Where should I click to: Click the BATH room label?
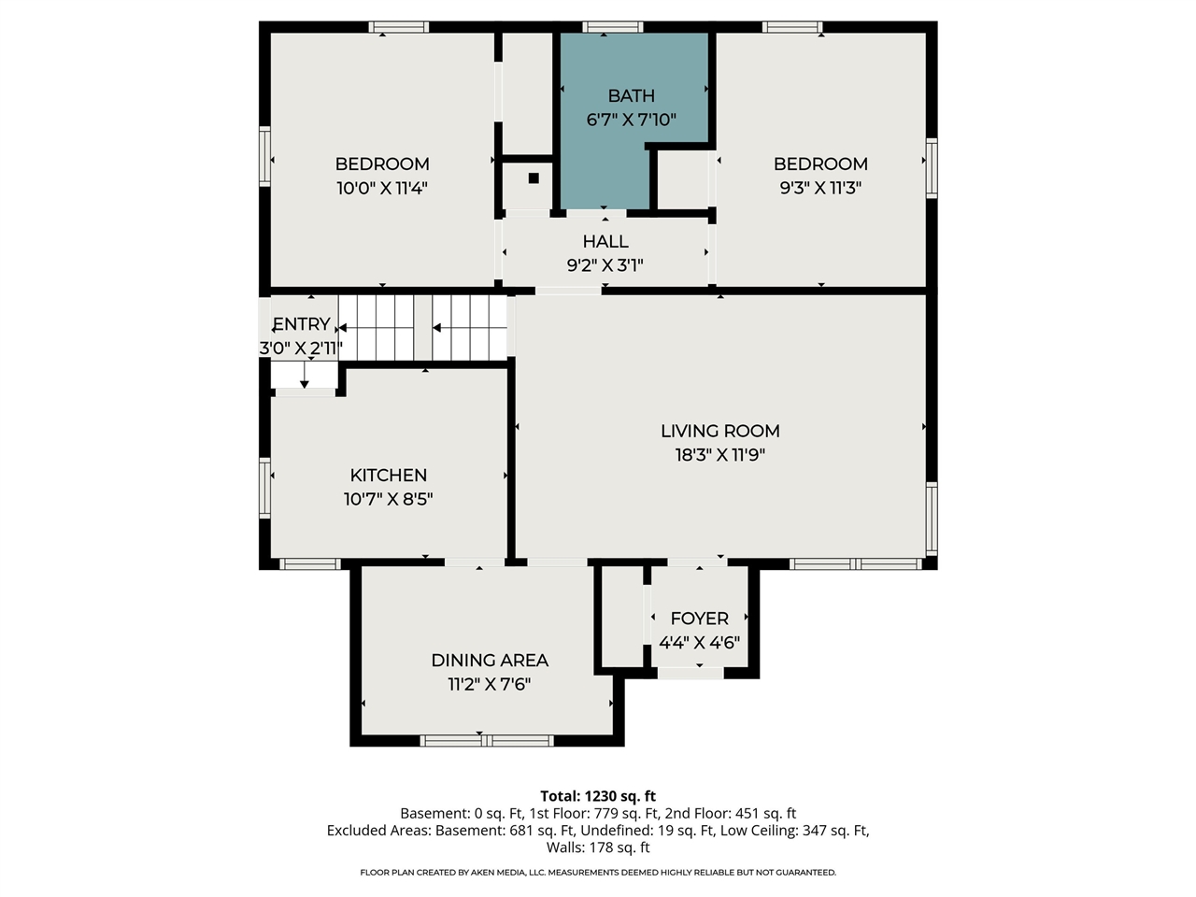click(x=631, y=95)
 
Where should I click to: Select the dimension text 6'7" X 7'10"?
click(x=631, y=120)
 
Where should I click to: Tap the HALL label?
click(x=605, y=242)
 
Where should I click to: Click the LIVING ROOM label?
click(x=719, y=431)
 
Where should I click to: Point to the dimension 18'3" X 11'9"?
click(x=719, y=455)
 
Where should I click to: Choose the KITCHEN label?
click(x=388, y=476)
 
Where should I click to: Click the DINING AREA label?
click(x=489, y=661)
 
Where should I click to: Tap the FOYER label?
click(x=699, y=619)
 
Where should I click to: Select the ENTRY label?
click(x=301, y=324)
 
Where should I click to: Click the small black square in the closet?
click(x=534, y=178)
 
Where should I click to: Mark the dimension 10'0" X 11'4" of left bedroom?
click(x=381, y=188)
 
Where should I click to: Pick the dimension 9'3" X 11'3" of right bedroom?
click(x=820, y=188)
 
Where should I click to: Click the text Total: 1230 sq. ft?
click(x=598, y=796)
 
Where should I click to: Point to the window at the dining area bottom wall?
click(x=487, y=741)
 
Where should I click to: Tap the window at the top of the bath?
click(x=612, y=27)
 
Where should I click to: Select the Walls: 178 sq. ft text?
click(x=598, y=847)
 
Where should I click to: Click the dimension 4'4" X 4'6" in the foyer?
click(x=699, y=643)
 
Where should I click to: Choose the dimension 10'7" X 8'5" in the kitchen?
click(x=388, y=499)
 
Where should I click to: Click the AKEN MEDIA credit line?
click(x=598, y=873)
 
